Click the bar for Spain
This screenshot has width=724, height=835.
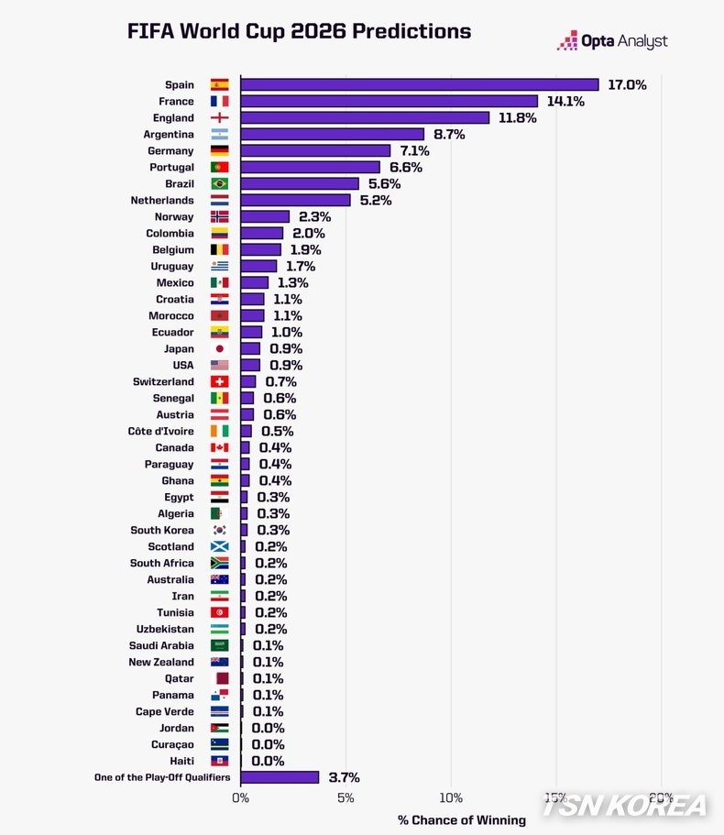coord(419,84)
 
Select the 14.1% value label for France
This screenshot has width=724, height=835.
coord(565,101)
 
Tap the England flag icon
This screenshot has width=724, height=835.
coord(220,118)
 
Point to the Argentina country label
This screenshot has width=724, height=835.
coord(169,135)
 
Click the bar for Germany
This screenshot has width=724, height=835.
coord(315,150)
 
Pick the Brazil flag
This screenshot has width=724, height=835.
coord(220,184)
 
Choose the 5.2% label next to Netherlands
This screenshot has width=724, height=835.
coord(375,200)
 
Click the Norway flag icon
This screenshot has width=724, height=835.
coord(220,217)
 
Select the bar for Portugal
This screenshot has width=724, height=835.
coord(310,167)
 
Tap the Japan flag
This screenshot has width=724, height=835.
coord(220,349)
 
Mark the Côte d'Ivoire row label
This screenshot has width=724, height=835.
coord(160,432)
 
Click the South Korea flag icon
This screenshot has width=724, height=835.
coord(220,531)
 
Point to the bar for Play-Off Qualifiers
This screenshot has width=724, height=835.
coord(280,777)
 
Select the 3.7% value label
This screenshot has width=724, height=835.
coord(344,777)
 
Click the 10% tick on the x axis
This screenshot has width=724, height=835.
coord(451,797)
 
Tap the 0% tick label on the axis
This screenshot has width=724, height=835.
coord(240,797)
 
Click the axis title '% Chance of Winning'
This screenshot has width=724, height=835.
coord(462,819)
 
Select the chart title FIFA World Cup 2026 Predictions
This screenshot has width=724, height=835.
coord(299,31)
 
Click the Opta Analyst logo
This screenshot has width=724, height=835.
coord(612,40)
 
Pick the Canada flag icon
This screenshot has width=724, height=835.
coord(220,448)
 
